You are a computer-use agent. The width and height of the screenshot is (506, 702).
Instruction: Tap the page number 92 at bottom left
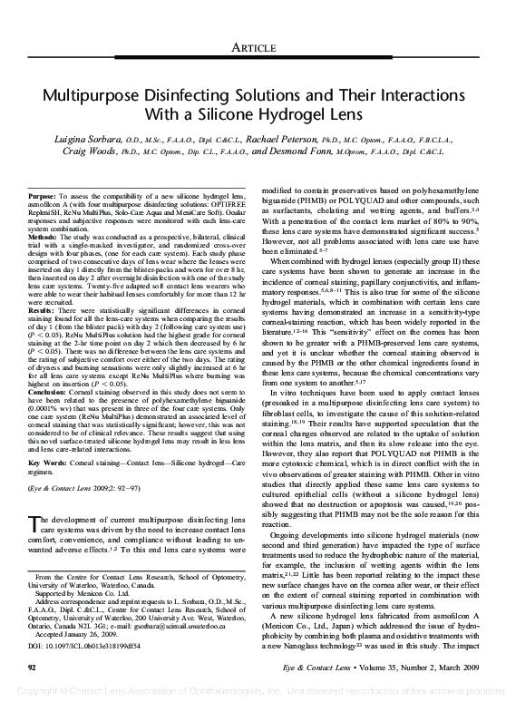point(34,668)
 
